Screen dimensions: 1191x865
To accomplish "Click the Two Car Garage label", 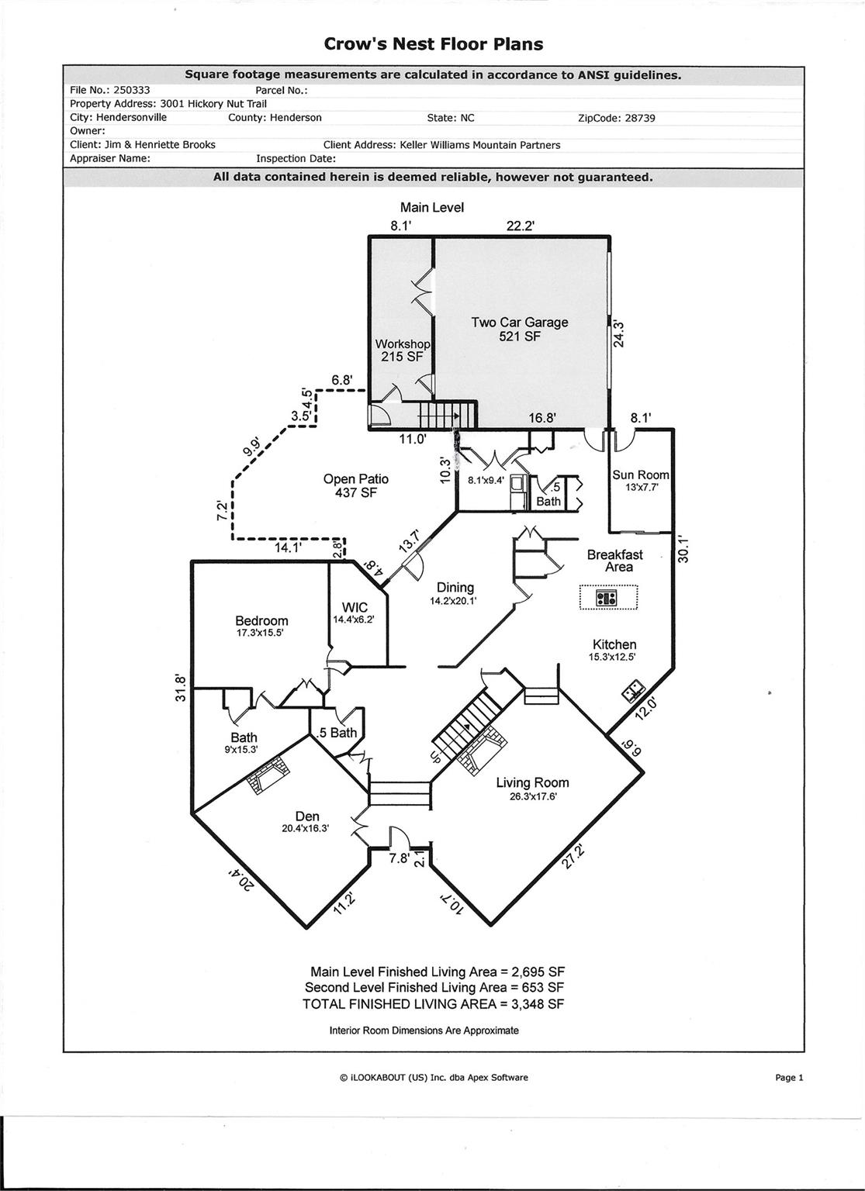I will click(x=519, y=329).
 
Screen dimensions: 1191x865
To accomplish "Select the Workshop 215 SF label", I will click(x=402, y=350).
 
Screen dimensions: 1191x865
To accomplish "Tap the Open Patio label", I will click(x=355, y=485).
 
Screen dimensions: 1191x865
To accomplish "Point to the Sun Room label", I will click(x=640, y=481).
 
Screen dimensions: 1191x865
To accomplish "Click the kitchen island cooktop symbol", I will click(x=607, y=598).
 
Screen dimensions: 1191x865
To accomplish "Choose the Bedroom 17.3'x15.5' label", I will click(x=261, y=626).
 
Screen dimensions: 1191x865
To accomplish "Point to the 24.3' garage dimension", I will click(x=619, y=333).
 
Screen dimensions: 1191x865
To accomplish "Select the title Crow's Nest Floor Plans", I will click(x=433, y=44).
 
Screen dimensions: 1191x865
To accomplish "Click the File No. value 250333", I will click(x=131, y=90).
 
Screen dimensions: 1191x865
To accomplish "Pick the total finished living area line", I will click(x=433, y=1003).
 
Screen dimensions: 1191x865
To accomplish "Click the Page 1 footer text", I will click(x=789, y=1077).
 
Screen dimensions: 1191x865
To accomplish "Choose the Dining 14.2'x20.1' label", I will click(x=455, y=593).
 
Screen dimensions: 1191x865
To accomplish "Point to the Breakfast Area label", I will click(x=614, y=561).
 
